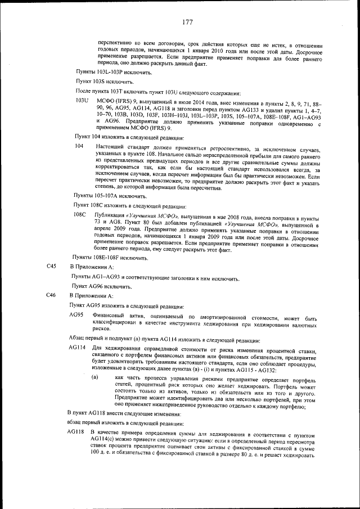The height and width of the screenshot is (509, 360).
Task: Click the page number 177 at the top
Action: point(187,22)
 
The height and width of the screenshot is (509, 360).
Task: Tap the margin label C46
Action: point(51,295)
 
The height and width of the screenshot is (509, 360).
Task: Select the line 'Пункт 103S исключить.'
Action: point(105,82)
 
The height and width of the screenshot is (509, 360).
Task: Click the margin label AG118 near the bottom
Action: point(76,432)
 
